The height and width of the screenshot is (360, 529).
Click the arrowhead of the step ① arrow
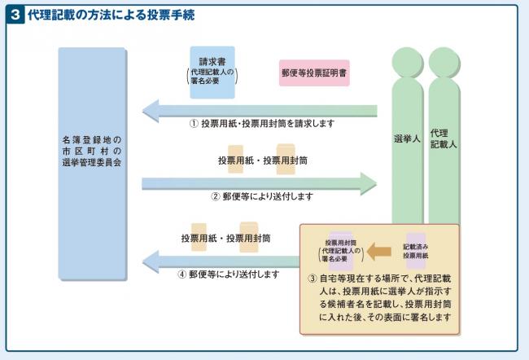151,109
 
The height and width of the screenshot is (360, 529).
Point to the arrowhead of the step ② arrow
369,181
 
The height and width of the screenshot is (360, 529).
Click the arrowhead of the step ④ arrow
151,261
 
